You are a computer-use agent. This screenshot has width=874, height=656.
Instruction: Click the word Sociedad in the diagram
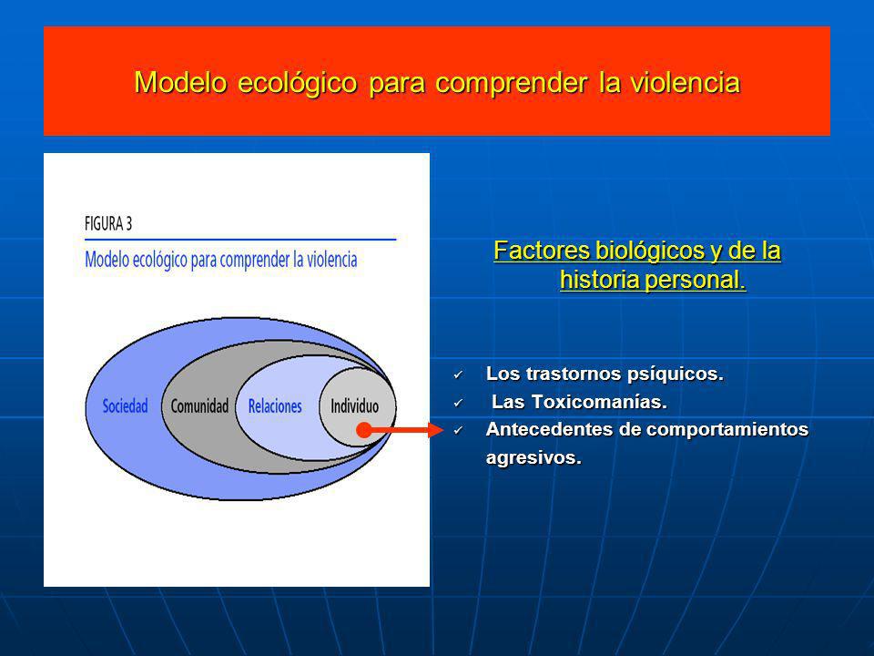point(126,406)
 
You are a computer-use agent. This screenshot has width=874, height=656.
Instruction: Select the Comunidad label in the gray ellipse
point(199,406)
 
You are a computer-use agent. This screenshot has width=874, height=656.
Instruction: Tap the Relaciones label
point(275,406)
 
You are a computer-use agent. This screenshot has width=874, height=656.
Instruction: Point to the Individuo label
point(354,406)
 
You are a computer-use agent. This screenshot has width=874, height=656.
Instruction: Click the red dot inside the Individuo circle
point(364,430)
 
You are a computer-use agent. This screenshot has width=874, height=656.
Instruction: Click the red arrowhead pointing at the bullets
point(436,430)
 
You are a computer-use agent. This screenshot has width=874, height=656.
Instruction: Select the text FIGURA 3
point(108,224)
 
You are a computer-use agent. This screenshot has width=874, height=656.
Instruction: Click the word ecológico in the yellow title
point(297,83)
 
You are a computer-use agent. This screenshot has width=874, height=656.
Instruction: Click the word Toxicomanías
point(599,402)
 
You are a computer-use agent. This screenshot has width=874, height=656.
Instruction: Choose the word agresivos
point(534,458)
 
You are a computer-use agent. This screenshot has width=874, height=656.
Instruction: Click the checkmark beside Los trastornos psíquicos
point(458,374)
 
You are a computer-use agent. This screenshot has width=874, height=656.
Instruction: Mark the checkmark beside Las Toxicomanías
point(458,403)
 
